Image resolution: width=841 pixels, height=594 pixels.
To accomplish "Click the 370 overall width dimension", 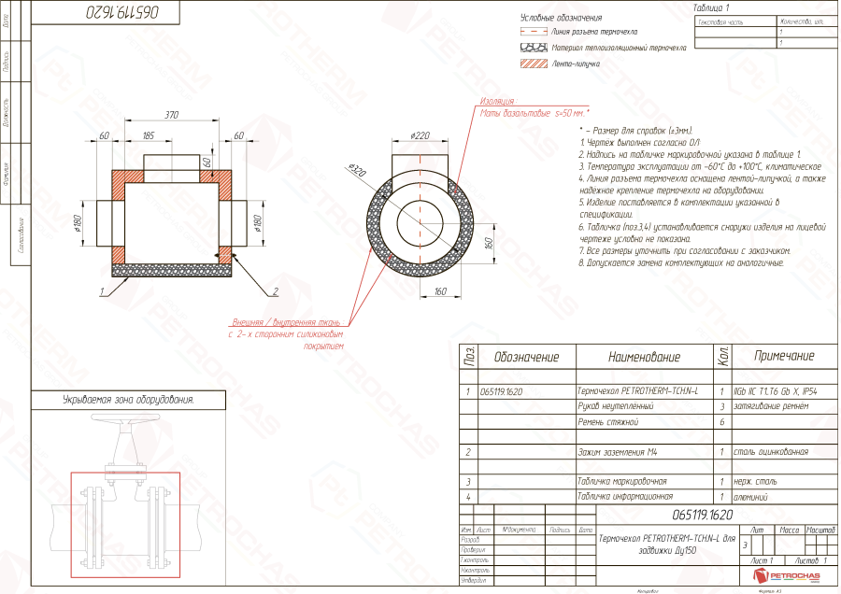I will click(x=172, y=116).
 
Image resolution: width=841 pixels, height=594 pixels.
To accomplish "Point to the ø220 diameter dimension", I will click(x=420, y=136).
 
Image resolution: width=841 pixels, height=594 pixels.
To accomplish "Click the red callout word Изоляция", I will click(x=498, y=101).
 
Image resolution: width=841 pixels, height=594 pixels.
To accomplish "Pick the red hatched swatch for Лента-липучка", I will click(x=532, y=64).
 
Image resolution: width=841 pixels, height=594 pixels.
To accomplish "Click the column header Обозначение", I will click(x=526, y=357).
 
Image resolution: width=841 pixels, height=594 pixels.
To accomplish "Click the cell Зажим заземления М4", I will click(x=618, y=452).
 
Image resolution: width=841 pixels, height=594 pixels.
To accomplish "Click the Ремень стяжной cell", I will click(x=607, y=422).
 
